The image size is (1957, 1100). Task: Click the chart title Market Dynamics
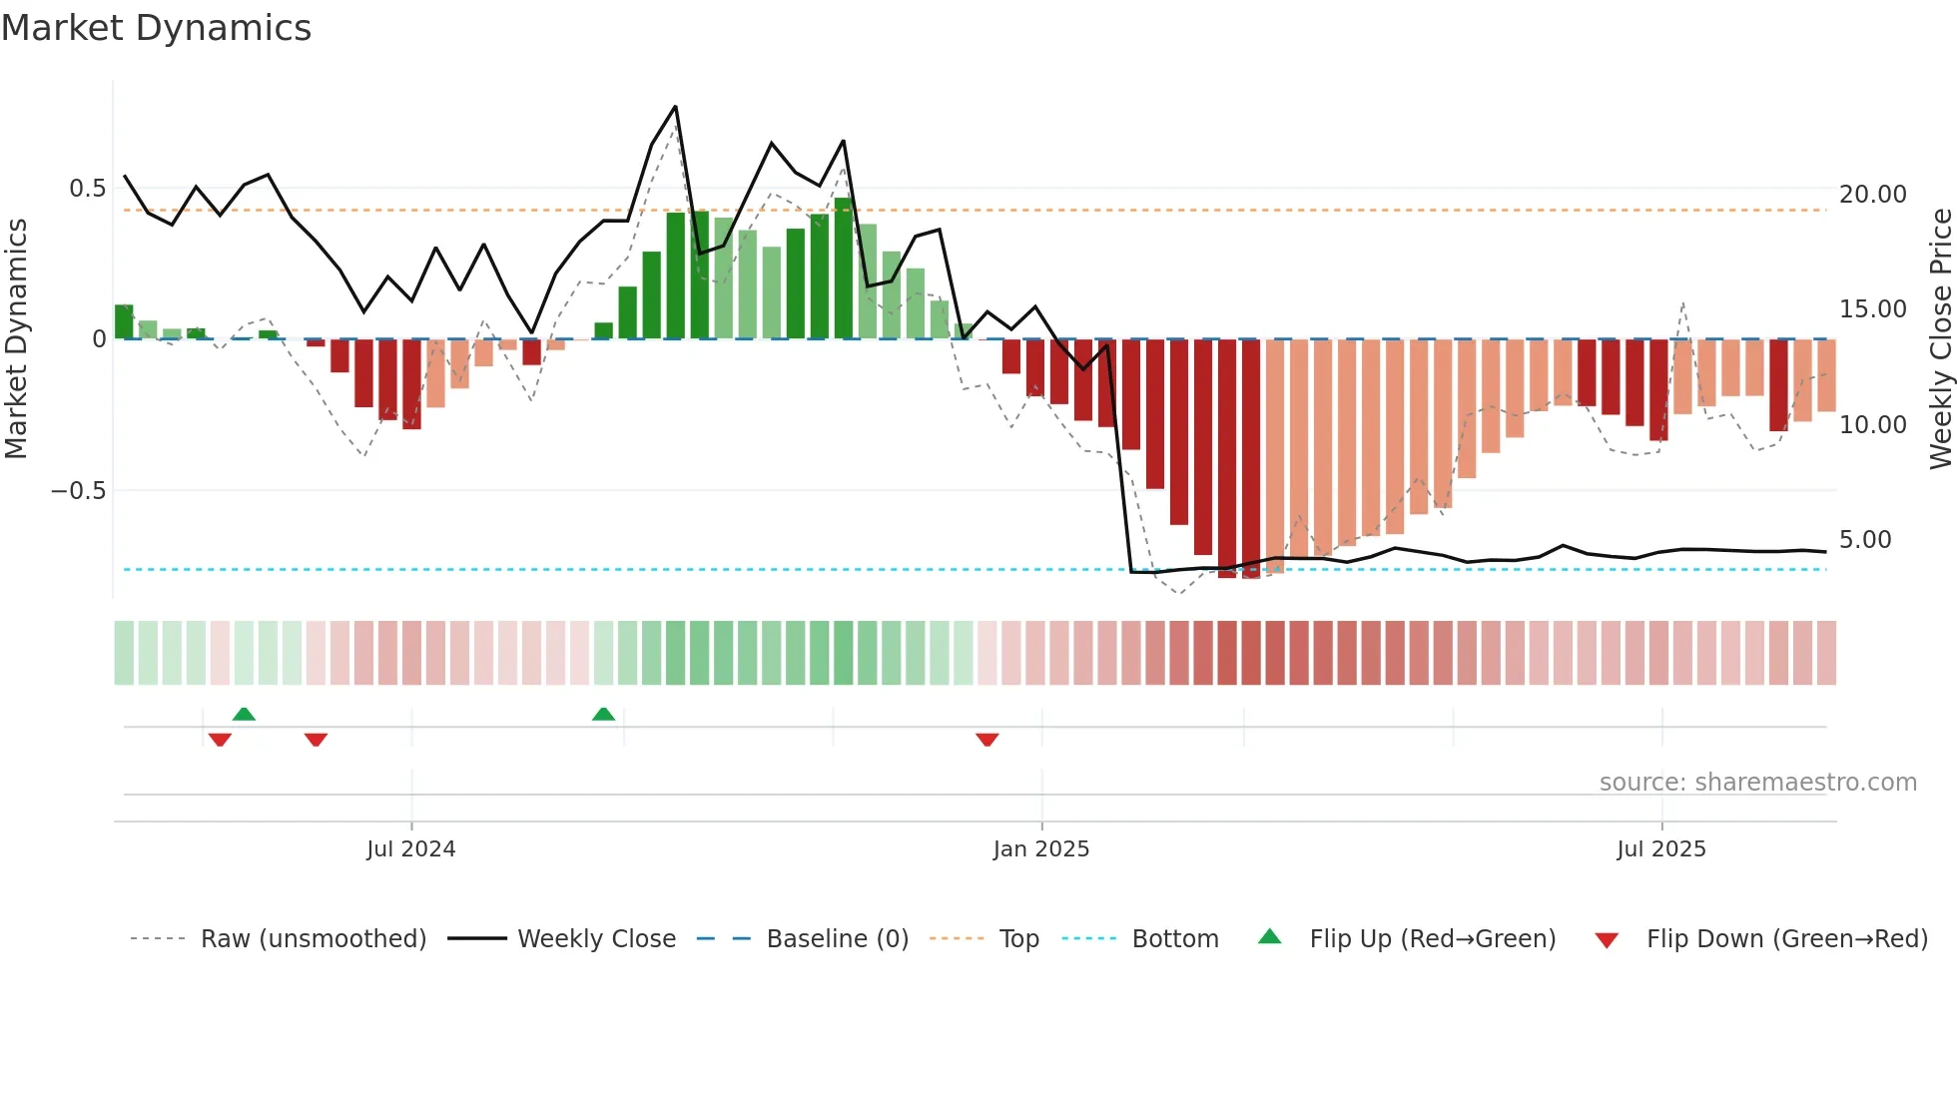click(x=157, y=28)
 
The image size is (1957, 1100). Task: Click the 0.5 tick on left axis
click(x=87, y=189)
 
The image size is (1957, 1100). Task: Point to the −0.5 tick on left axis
click(x=78, y=491)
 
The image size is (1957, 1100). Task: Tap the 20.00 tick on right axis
click(x=1872, y=195)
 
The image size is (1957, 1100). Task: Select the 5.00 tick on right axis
click(x=1864, y=540)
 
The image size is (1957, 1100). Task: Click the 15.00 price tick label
click(x=1872, y=309)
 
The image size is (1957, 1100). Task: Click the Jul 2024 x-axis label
click(x=410, y=849)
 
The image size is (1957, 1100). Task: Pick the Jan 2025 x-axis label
click(x=1040, y=849)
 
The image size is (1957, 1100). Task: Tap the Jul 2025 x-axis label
click(x=1660, y=849)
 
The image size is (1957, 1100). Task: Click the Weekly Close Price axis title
click(x=1940, y=339)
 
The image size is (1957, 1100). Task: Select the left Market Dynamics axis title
click(x=17, y=339)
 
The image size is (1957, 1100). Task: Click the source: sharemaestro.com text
click(x=1757, y=783)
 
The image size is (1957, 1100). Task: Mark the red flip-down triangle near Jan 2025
click(x=986, y=740)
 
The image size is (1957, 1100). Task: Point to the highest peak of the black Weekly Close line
click(x=676, y=107)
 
